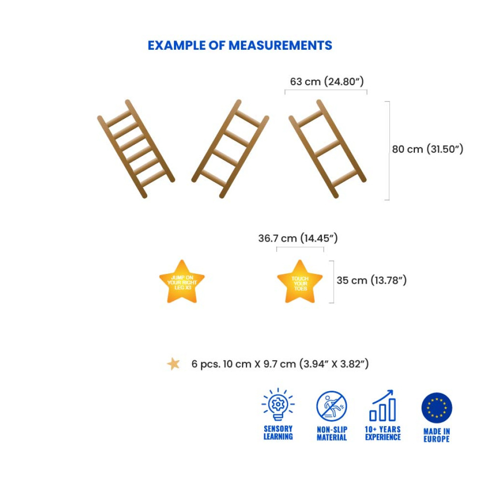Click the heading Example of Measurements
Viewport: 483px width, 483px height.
pos(240,45)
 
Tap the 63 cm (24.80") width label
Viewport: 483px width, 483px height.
pos(327,82)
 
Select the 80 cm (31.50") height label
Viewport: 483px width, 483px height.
pos(427,149)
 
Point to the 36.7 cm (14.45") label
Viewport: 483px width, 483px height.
pos(298,238)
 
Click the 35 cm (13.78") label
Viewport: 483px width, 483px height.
pos(371,280)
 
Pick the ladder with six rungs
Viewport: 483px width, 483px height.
pos(136,148)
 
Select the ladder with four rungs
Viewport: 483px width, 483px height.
pos(230,148)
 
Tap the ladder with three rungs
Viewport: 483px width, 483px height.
pos(327,148)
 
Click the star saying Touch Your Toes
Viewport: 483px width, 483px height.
pos(299,283)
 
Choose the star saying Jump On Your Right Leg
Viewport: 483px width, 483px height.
pos(182,283)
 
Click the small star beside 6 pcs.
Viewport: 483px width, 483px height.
pos(173,364)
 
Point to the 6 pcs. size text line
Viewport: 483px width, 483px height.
pos(280,364)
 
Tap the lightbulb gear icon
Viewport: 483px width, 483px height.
pos(278,405)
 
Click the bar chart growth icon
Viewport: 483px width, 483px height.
pos(383,406)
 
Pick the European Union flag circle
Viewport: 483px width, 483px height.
pos(437,408)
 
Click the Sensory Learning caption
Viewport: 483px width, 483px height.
pos(278,433)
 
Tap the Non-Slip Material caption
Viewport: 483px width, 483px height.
pos(332,433)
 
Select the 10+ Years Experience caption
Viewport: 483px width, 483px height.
pos(383,433)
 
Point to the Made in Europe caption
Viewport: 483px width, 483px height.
pos(437,435)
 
